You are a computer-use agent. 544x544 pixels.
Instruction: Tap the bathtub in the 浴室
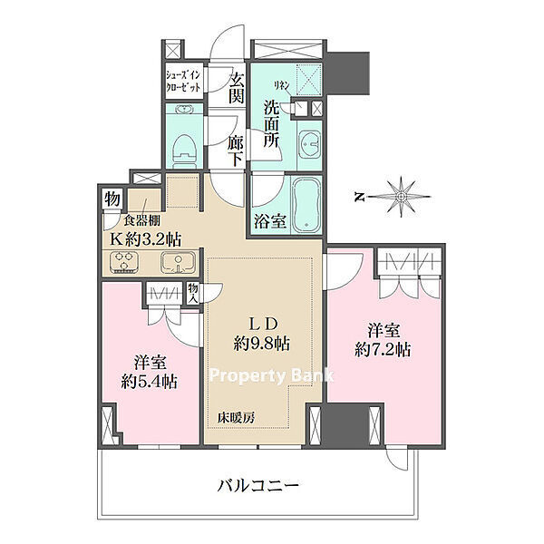pyautogui.click(x=306, y=205)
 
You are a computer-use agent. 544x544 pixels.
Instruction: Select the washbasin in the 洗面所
pyautogui.click(x=310, y=144)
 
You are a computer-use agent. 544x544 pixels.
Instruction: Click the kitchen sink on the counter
pyautogui.click(x=178, y=262)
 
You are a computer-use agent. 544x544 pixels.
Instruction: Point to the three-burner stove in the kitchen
pyautogui.click(x=124, y=261)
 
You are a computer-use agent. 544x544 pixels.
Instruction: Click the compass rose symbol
pyautogui.click(x=402, y=197)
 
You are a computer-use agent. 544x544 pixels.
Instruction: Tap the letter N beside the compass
pyautogui.click(x=359, y=198)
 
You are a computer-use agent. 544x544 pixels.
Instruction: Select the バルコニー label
pyautogui.click(x=257, y=485)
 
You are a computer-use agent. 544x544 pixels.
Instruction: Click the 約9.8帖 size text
pyautogui.click(x=262, y=344)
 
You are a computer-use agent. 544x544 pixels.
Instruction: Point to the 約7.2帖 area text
pyautogui.click(x=383, y=349)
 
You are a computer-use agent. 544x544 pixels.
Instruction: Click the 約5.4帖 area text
pyautogui.click(x=150, y=382)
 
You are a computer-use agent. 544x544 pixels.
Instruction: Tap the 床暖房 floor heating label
pyautogui.click(x=236, y=418)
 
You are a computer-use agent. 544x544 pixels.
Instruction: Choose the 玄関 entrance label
pyautogui.click(x=237, y=90)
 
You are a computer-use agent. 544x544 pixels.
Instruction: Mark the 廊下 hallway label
pyautogui.click(x=236, y=153)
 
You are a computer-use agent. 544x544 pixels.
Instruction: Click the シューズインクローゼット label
pyautogui.click(x=183, y=81)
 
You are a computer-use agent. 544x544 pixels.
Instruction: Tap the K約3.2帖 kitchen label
pyautogui.click(x=146, y=239)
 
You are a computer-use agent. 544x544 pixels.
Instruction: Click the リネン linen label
pyautogui.click(x=282, y=85)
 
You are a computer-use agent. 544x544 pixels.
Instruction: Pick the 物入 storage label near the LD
pyautogui.click(x=193, y=293)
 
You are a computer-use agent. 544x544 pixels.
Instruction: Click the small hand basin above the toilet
pyautogui.click(x=184, y=110)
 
